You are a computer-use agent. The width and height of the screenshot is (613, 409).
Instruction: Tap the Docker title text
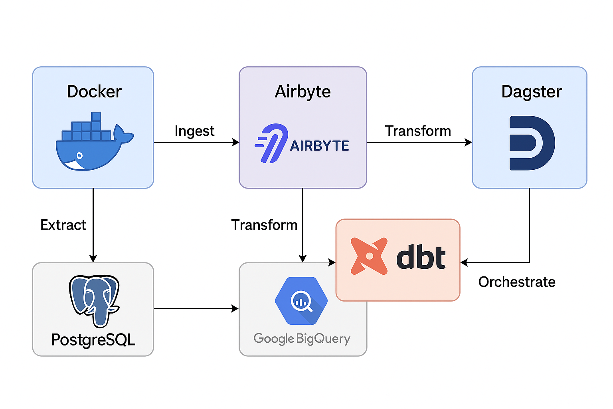point(94,91)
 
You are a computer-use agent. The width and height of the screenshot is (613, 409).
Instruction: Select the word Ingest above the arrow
point(194,131)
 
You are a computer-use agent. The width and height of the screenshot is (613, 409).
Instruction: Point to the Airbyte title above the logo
point(303,91)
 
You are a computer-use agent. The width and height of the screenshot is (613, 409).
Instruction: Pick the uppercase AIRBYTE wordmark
point(319,146)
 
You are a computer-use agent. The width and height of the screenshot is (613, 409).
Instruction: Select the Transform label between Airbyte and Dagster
point(417,131)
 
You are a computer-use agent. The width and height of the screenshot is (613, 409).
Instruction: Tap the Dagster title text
point(531,91)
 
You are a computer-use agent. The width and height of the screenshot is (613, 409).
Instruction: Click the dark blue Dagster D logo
point(532,143)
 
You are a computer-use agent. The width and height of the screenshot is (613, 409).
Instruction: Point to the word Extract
point(63,225)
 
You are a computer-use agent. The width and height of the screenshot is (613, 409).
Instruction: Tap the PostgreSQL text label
point(93,340)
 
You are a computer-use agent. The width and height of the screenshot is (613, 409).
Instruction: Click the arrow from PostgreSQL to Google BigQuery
point(196,308)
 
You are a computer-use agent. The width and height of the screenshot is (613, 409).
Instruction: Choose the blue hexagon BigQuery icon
point(301,301)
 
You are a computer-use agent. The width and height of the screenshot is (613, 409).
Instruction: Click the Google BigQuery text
point(302,339)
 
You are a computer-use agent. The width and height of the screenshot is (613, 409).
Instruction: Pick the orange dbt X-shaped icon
point(369,256)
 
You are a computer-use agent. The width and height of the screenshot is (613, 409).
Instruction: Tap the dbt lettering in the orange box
point(421,258)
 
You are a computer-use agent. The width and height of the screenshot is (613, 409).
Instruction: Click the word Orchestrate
point(517,282)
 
